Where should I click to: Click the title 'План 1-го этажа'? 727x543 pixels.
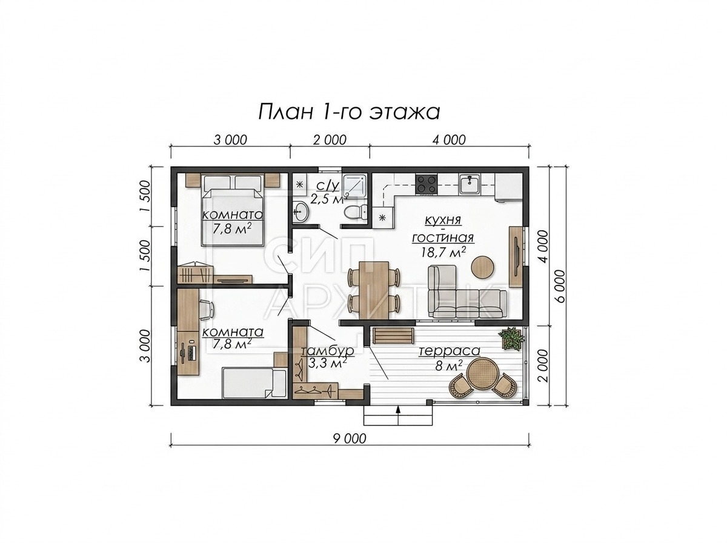coord(349,113)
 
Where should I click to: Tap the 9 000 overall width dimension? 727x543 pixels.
coord(350,439)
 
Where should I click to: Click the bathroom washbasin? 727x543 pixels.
coord(300,211)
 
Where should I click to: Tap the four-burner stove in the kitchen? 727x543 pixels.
coord(427,184)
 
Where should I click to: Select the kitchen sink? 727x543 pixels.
coord(469,184)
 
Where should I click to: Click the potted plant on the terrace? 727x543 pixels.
coord(512,338)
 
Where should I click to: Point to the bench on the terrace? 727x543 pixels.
coord(393,336)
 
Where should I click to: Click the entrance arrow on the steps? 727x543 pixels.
coord(398,410)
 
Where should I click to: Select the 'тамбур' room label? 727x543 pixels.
coord(327,350)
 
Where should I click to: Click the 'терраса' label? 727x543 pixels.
coord(449,351)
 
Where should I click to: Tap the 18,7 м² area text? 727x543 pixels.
coord(443,253)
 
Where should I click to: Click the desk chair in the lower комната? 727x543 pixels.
coord(207,310)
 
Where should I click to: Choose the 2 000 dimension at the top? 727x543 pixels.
coord(330,140)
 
